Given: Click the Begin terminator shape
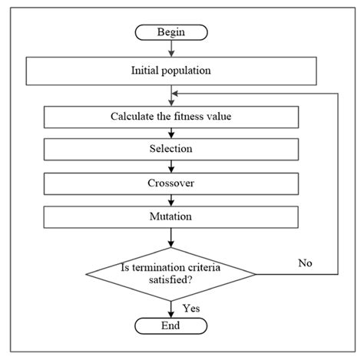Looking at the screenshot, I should pyautogui.click(x=171, y=32).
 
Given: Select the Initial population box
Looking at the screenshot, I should pyautogui.click(x=170, y=72).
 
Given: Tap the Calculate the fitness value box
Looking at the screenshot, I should pyautogui.click(x=170, y=117).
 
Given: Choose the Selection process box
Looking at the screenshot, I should pyautogui.click(x=170, y=149).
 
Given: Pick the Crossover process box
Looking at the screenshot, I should pyautogui.click(x=170, y=184).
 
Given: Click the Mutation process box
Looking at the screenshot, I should pyautogui.click(x=170, y=216).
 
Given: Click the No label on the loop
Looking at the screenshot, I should pyautogui.click(x=306, y=263).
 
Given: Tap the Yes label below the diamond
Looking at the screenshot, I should pyautogui.click(x=191, y=308).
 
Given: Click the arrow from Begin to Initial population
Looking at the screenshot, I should pyautogui.click(x=170, y=49).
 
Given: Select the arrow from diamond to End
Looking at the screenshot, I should pyautogui.click(x=170, y=308).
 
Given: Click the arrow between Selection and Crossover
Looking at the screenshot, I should pyautogui.click(x=170, y=167).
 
